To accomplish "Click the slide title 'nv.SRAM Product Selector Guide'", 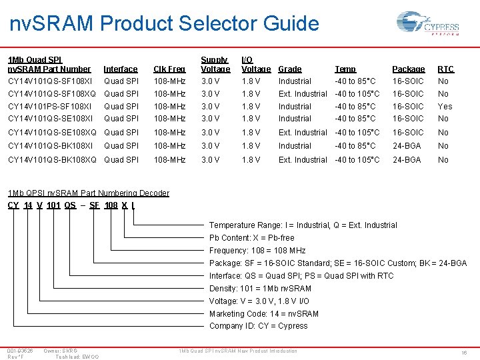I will tap(165, 24).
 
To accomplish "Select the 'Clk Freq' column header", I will tap(169, 69).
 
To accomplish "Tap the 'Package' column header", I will tap(408, 69).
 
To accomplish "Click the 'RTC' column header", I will tap(445, 69).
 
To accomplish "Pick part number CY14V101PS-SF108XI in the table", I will tap(50, 106).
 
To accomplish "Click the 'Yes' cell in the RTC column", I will tap(445, 106).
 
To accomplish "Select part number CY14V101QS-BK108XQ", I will tap(52, 160).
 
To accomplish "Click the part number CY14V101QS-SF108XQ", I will tap(52, 94).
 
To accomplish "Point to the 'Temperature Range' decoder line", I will tap(312, 225).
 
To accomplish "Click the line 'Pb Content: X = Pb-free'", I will tap(251, 238).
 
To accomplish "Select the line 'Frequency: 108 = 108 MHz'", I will tap(257, 251).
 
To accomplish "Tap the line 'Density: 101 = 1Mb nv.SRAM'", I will tap(260, 289).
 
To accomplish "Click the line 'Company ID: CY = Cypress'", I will tap(258, 326).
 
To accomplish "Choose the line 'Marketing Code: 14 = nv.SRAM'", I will tap(263, 314).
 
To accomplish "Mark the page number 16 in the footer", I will tap(463, 352).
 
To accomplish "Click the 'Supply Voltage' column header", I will tap(215, 65).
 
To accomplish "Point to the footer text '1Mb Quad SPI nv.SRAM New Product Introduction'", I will tap(239, 351).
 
